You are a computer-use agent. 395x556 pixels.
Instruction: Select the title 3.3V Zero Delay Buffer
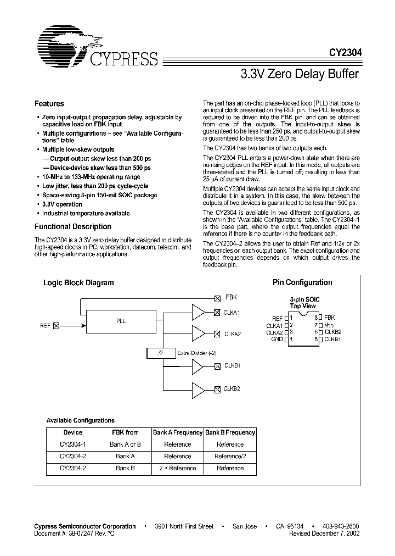300,74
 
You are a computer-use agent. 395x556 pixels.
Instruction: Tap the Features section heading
49,103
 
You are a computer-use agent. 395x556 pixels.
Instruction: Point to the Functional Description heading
73,226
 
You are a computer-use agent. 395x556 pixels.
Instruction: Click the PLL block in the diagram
121,320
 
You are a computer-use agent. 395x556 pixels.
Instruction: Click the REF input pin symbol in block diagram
56,326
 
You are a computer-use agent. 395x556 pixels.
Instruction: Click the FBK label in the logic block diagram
232,298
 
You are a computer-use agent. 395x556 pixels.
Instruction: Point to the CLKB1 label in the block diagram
233,365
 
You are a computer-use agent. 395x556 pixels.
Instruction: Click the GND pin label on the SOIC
276,339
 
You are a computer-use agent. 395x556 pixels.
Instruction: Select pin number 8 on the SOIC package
316,318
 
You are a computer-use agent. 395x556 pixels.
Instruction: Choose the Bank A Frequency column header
178,432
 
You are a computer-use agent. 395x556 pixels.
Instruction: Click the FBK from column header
125,432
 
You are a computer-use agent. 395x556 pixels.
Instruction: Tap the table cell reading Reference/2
230,456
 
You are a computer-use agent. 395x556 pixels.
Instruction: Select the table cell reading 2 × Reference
178,468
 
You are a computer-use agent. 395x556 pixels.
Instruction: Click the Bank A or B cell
125,444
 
